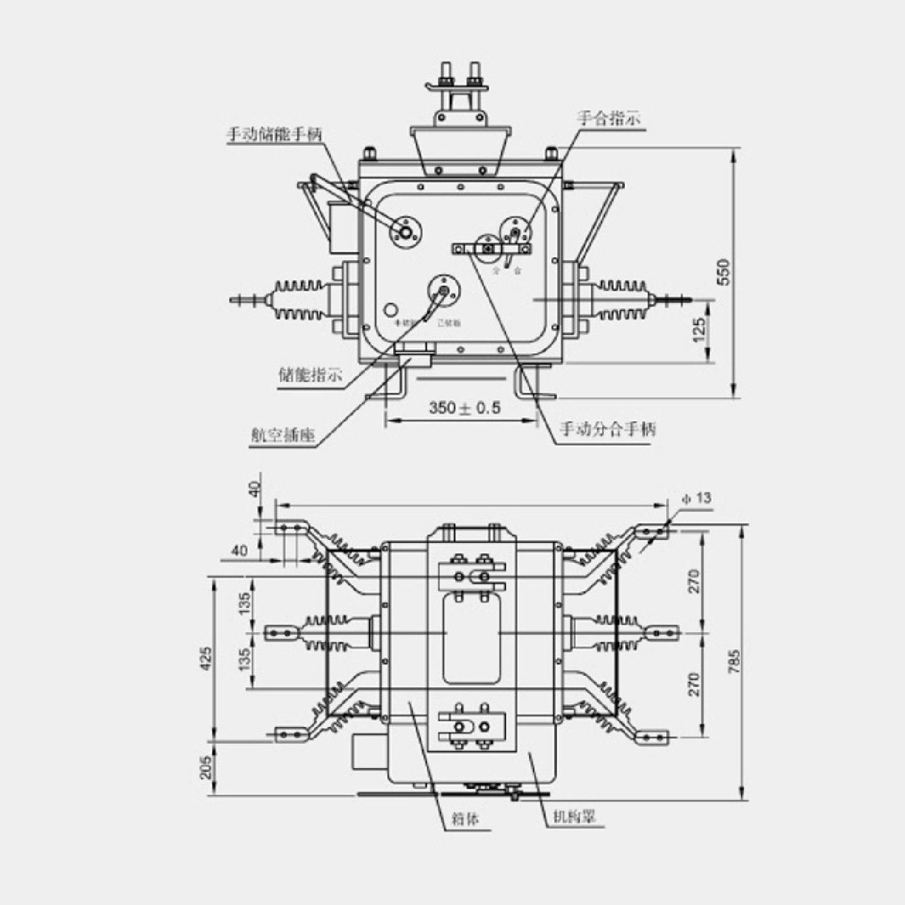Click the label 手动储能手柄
pos(275,134)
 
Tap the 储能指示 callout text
pos(310,375)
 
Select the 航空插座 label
pos(283,435)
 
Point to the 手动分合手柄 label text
pos(608,429)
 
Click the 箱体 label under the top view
pos(466,819)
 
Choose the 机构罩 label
pos(573,816)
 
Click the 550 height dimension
pos(724,271)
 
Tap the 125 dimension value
pos(699,330)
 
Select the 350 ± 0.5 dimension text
pos(465,408)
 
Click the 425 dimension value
pos(206,658)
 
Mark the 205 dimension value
pos(206,767)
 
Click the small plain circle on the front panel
pos(391,310)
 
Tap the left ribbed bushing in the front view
pos(299,300)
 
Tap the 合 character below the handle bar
pos(517,271)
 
